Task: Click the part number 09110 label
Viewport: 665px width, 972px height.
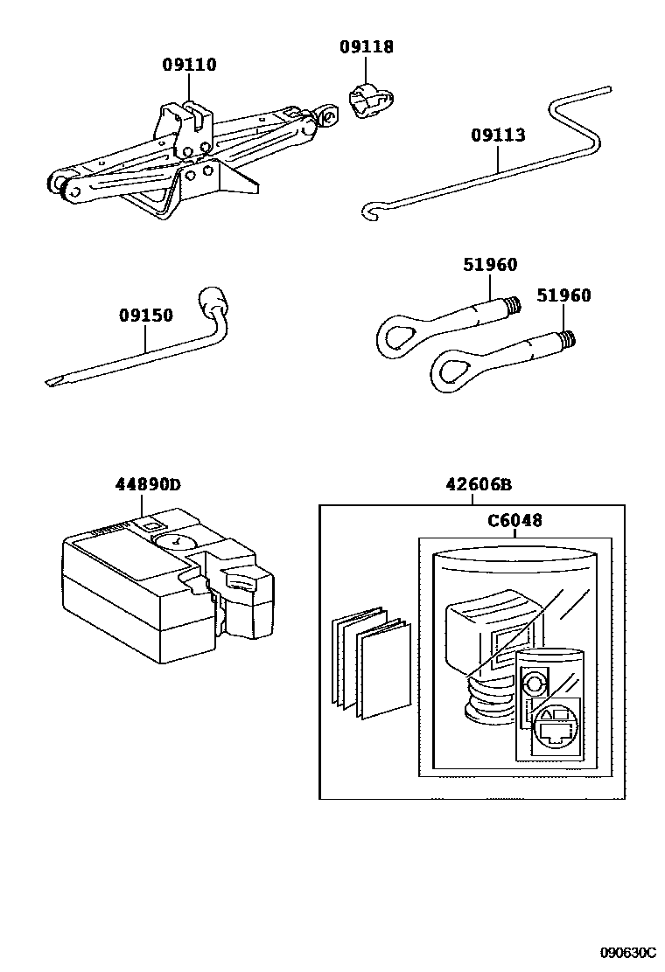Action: coord(189,65)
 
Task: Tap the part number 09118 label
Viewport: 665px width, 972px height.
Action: coord(366,47)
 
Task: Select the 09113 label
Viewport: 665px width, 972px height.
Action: coord(498,135)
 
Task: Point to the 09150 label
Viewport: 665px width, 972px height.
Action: coord(146,315)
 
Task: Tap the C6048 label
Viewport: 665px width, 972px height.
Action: coord(514,521)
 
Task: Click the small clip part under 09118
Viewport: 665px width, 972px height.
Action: coord(367,101)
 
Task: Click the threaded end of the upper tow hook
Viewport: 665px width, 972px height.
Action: coord(513,305)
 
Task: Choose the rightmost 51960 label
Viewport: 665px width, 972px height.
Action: coord(563,295)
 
